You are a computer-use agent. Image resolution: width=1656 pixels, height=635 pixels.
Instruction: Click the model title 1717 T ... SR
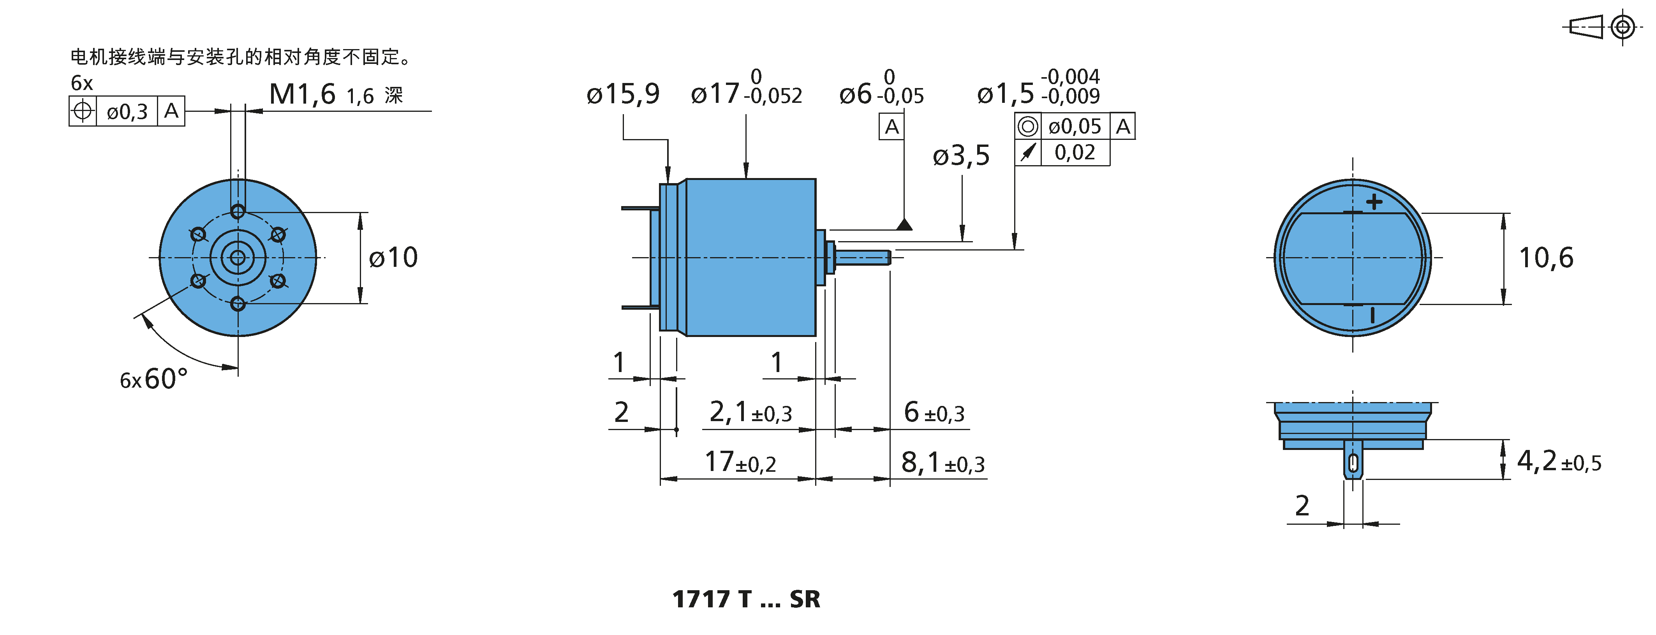tap(746, 600)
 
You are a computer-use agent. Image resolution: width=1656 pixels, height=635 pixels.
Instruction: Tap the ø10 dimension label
tap(393, 258)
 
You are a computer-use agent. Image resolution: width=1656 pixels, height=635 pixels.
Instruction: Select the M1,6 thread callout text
tap(302, 95)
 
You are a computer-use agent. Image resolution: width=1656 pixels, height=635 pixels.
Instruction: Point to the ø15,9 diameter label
tap(623, 94)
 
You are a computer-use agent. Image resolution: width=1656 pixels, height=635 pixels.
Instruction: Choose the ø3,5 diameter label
tap(961, 155)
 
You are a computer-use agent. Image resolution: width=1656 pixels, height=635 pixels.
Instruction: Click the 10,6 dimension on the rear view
tap(1545, 258)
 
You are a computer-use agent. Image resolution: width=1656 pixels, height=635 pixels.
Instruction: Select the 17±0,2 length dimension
tap(740, 462)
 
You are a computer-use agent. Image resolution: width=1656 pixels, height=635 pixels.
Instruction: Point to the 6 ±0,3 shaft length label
tap(934, 412)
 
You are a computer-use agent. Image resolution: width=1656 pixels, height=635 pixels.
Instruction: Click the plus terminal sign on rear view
tap(1374, 202)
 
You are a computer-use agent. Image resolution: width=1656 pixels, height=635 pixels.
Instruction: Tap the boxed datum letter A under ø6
tap(891, 127)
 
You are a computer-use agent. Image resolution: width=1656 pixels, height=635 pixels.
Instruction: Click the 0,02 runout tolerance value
tap(1075, 152)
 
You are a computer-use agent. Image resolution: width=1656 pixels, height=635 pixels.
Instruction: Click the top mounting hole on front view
tap(238, 211)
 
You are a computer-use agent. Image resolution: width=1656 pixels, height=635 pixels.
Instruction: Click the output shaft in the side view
tap(861, 258)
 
